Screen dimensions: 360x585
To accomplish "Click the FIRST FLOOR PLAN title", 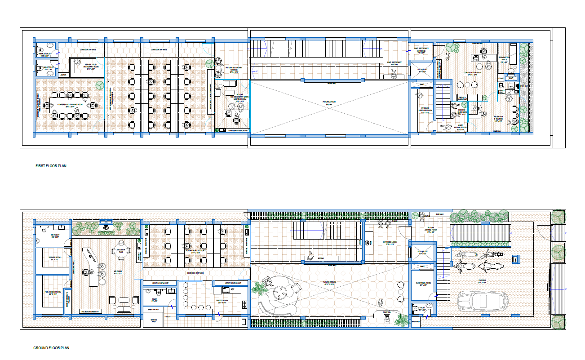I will [51, 166].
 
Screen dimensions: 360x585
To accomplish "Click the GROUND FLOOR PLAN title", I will [51, 348].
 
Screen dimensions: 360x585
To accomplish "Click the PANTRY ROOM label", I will [210, 301].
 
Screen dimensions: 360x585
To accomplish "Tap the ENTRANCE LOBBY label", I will [390, 242].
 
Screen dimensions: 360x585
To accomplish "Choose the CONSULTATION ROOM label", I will [473, 73].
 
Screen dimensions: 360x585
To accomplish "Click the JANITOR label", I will [63, 75].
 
